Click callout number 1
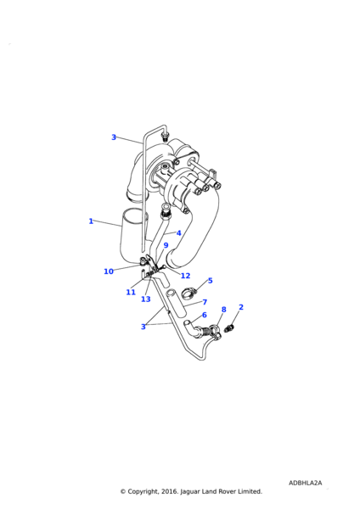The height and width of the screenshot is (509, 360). pos(91,221)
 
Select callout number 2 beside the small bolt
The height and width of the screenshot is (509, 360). pos(241,307)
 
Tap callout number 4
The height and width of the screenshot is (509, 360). pos(178,233)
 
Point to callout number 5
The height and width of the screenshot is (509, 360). pos(211,281)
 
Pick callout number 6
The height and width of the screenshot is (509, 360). pos(205,315)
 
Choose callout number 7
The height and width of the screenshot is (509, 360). pos(205,302)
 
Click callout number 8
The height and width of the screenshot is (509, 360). pos(223,310)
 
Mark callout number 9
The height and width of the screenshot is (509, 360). pos(166,245)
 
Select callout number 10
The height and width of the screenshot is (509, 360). pos(109,271)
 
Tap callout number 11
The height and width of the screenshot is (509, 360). pos(131,293)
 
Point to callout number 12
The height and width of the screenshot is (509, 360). pos(185,276)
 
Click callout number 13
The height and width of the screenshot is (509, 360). pos(145,299)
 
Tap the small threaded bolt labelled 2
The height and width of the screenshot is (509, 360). pos(229,328)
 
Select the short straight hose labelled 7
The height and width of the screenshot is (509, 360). pos(176,303)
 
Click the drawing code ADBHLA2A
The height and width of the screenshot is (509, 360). pos(305,483)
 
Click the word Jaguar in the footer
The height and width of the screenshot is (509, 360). pos(189,492)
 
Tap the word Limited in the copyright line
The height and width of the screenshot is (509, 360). pos(250,491)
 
